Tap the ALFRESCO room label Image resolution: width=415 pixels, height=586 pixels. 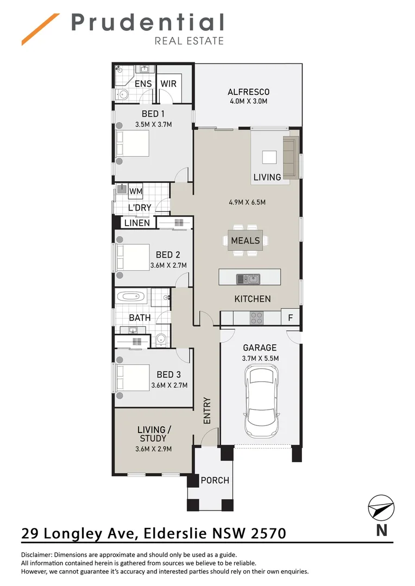[248, 92]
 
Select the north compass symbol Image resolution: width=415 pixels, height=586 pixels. [381, 507]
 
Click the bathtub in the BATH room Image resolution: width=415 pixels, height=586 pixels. [131, 297]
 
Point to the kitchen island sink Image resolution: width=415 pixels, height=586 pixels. [248, 278]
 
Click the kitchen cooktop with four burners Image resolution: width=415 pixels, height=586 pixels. [257, 318]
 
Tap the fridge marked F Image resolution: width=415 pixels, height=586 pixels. [291, 317]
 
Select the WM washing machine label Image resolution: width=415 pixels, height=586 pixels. [135, 192]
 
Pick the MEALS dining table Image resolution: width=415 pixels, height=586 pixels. [245, 240]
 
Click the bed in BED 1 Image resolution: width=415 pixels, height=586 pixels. [133, 143]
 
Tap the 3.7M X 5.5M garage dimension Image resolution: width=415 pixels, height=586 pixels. [260, 359]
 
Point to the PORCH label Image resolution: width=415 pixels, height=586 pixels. [215, 480]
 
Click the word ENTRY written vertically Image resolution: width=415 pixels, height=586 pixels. [207, 410]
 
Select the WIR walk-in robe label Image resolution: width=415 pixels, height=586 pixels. [168, 84]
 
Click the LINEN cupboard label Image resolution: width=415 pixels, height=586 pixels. [137, 223]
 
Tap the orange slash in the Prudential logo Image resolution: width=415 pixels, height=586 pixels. [40, 29]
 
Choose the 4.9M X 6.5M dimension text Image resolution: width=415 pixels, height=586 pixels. [247, 202]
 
